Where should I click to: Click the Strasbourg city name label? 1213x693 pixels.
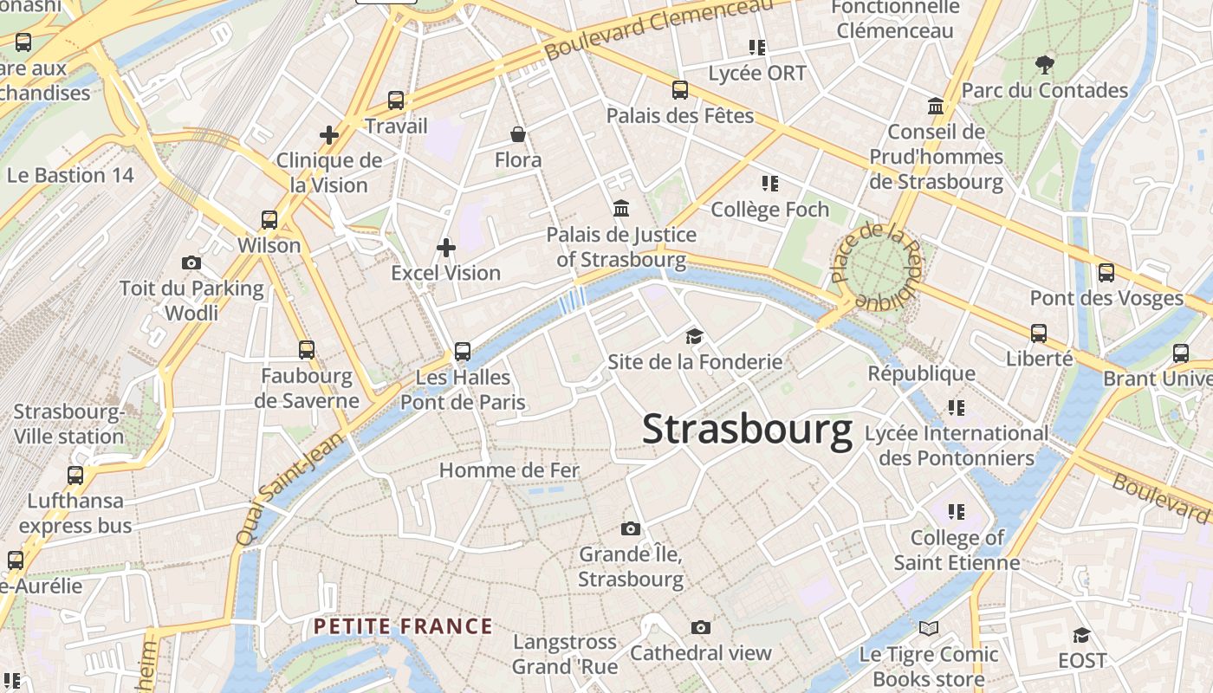pos(747,431)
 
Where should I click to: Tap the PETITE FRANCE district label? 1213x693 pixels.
pos(403,626)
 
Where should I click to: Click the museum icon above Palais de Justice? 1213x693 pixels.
pos(621,209)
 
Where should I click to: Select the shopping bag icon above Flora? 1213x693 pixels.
pos(518,134)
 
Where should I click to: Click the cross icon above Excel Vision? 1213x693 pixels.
pos(446,249)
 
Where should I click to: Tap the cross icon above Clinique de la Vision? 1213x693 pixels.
pos(329,135)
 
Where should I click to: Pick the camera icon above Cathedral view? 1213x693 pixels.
pos(700,627)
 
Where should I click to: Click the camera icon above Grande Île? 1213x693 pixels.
pos(631,528)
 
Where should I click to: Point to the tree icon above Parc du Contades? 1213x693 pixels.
pos(1045,64)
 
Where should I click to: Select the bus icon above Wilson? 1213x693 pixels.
pos(269,220)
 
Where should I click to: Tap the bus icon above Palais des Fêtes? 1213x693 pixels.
pos(680,89)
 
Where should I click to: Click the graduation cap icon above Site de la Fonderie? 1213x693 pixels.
pos(694,336)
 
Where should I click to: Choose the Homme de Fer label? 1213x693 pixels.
pos(509,470)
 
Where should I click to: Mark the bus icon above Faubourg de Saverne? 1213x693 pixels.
pos(307,350)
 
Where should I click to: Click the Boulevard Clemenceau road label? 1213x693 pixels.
pos(658,31)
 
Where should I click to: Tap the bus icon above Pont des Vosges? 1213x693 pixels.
pos(1106,273)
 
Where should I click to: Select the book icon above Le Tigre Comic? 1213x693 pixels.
pos(929,628)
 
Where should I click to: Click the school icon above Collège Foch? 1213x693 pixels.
pos(769,184)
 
